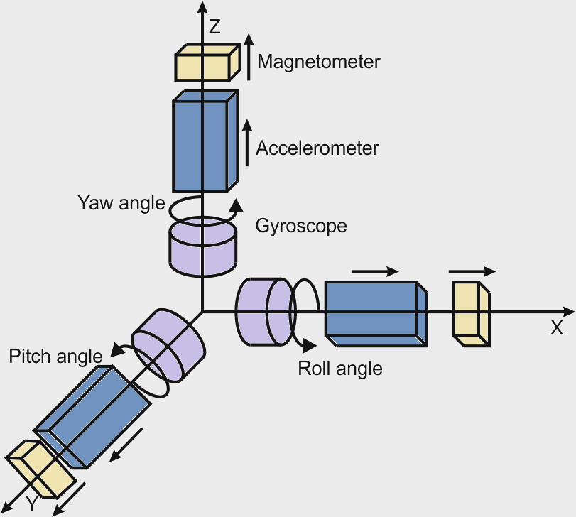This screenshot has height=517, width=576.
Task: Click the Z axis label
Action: click(x=215, y=28)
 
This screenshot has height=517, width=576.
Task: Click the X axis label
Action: click(x=556, y=328)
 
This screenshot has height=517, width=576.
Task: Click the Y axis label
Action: click(x=31, y=504)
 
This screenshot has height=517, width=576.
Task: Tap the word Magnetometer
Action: click(x=318, y=62)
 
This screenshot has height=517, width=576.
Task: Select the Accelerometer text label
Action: click(x=317, y=148)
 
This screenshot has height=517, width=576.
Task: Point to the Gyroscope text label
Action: click(x=300, y=226)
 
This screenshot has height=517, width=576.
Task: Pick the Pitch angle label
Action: click(x=55, y=356)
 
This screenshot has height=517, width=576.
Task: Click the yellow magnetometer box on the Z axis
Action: click(x=206, y=62)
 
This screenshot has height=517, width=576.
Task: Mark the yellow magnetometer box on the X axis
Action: click(x=471, y=312)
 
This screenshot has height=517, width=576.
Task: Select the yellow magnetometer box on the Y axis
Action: click(x=41, y=469)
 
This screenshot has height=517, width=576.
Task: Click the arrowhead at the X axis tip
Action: click(x=567, y=311)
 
